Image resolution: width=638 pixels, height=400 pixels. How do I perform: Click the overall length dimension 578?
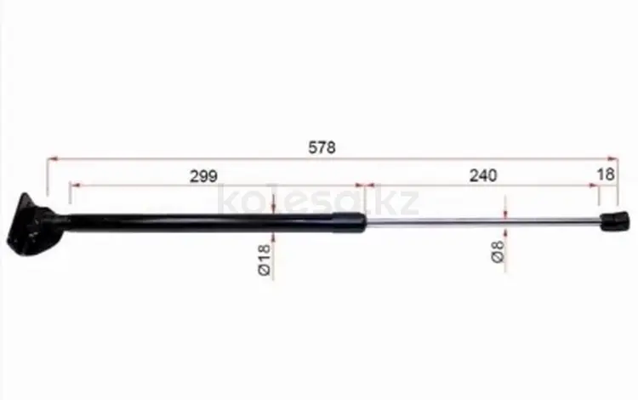click(x=322, y=147)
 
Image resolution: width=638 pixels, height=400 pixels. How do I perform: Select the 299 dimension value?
click(x=203, y=176)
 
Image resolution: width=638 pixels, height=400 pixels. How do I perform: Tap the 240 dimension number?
click(x=483, y=176)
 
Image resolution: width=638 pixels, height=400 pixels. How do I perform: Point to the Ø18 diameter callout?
click(x=264, y=260)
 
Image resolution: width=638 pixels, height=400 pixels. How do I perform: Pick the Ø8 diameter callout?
click(x=498, y=251)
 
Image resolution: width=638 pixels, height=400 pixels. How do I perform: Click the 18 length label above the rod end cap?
click(x=606, y=174)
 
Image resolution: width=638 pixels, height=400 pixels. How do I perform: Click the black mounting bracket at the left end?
click(x=35, y=226)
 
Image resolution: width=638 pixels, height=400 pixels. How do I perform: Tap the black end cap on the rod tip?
click(x=614, y=221)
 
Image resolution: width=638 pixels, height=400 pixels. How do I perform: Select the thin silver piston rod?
click(x=482, y=221)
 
